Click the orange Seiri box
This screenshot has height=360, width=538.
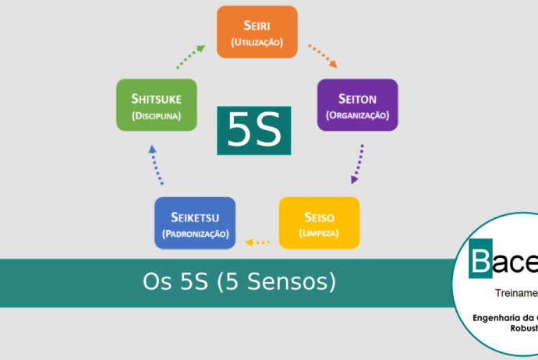[257, 32]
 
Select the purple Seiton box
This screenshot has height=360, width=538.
[357, 105]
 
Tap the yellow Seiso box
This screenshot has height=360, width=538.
[319, 223]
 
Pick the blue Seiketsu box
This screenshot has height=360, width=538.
[195, 223]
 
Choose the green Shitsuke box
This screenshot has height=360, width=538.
[156, 105]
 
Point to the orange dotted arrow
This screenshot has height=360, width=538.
[322, 57]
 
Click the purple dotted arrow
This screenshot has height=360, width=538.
[359, 163]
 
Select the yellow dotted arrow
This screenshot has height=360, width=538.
[257, 242]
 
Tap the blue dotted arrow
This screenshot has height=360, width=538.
[156, 164]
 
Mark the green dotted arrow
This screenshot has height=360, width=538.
[190, 56]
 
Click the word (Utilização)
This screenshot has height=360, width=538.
[257, 42]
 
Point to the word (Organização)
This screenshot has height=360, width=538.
[357, 115]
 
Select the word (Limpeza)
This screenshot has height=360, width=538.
[319, 233]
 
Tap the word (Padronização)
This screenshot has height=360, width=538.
[195, 233]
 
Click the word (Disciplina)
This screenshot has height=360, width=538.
[156, 115]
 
